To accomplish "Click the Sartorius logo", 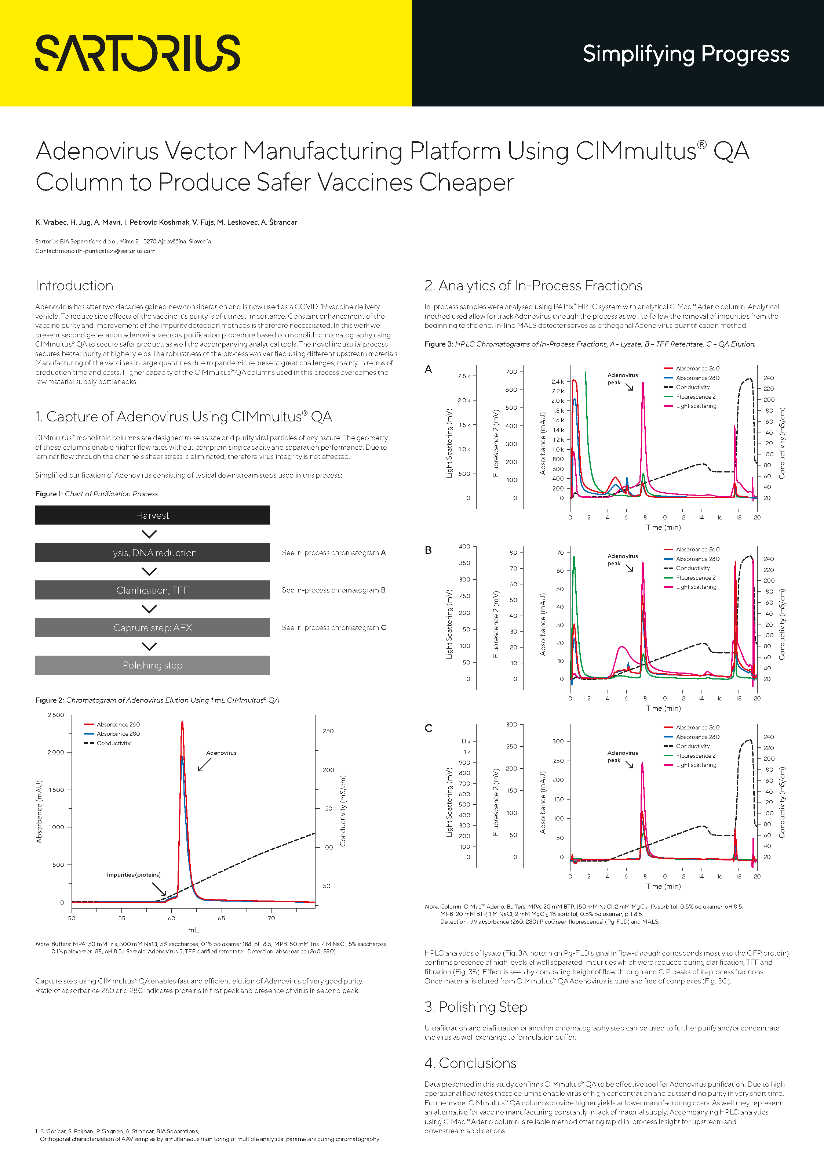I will (137, 53).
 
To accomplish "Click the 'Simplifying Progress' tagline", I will (685, 54).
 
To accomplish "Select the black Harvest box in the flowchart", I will (152, 515).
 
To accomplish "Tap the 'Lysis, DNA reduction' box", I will (152, 552).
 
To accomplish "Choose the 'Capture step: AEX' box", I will (152, 628).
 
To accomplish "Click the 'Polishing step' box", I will (152, 665).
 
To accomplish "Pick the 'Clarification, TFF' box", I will (152, 590).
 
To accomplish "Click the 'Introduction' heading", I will (74, 286).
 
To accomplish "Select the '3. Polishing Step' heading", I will (475, 1007).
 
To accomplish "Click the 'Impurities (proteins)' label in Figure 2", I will (134, 875).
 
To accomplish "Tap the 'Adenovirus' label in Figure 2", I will (221, 753).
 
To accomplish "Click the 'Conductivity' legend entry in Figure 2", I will (113, 743).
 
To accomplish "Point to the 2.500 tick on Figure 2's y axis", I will (56, 715).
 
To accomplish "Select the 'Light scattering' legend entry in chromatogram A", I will (696, 406).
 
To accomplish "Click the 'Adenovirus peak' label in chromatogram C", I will (622, 756).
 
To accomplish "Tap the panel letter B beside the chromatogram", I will (428, 551).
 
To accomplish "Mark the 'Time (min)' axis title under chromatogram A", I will (663, 528).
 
